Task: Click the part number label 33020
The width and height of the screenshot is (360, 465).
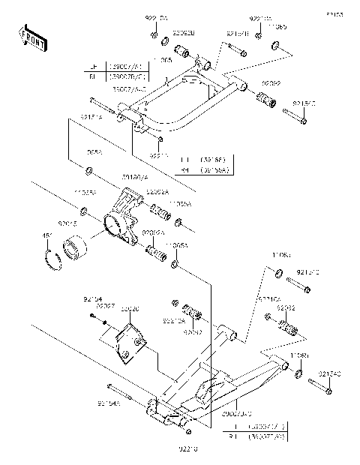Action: (130, 308)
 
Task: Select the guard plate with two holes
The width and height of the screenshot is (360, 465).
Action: (130, 339)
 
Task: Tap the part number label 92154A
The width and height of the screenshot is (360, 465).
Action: (108, 403)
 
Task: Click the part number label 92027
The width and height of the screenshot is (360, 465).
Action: (106, 306)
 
